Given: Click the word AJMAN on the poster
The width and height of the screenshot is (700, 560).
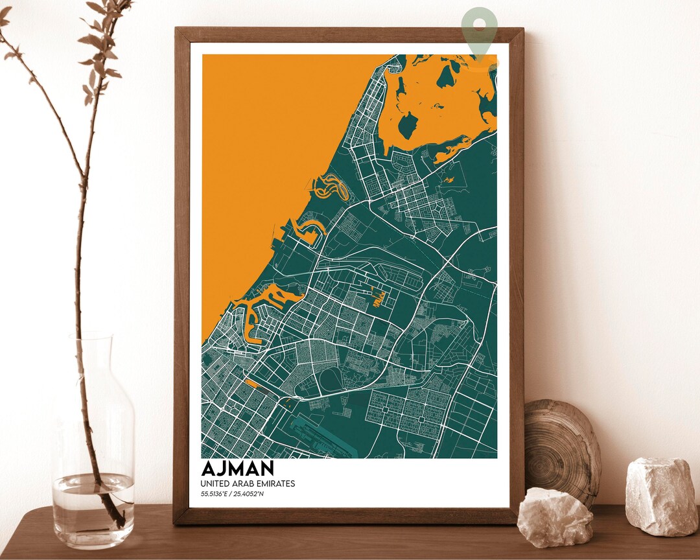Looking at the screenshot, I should (x=238, y=469).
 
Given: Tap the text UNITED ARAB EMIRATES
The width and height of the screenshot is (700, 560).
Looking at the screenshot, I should (x=248, y=484).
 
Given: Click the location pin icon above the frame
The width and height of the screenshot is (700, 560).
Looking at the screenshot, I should (x=480, y=29).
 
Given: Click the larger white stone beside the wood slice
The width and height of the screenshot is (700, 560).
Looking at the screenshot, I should (x=662, y=496).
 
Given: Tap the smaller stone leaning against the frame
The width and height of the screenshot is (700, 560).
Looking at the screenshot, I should (x=555, y=517).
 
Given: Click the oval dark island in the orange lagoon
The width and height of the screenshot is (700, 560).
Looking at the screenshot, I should (x=408, y=125).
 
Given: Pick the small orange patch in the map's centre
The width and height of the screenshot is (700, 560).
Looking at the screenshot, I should (x=379, y=297).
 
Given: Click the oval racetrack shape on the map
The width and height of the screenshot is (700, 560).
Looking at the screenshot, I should (x=334, y=380).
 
